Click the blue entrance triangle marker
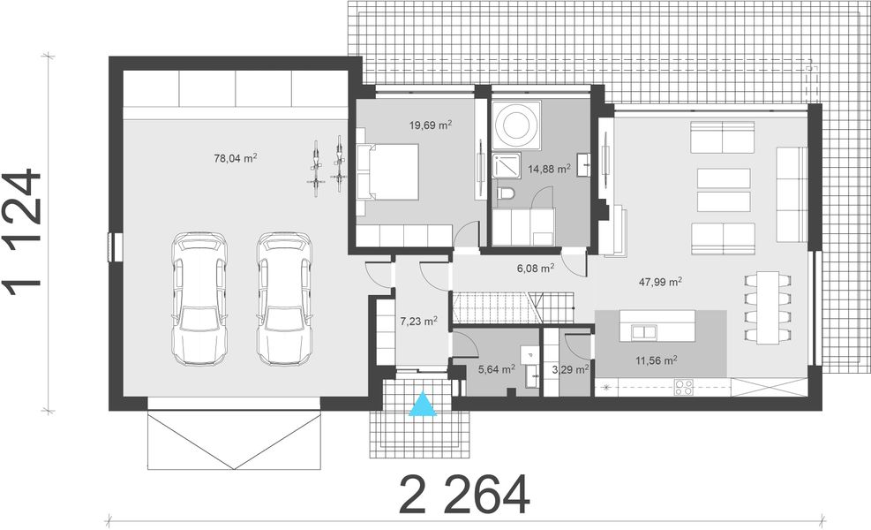[425, 403]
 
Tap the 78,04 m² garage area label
[236, 159]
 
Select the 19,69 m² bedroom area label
[431, 125]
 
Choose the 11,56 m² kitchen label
[656, 360]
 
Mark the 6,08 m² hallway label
[535, 267]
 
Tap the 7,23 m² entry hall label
[418, 322]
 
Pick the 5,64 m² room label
[496, 369]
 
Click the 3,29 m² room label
[569, 369]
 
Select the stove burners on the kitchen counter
[684, 385]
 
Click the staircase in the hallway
[496, 307]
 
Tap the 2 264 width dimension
[465, 495]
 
